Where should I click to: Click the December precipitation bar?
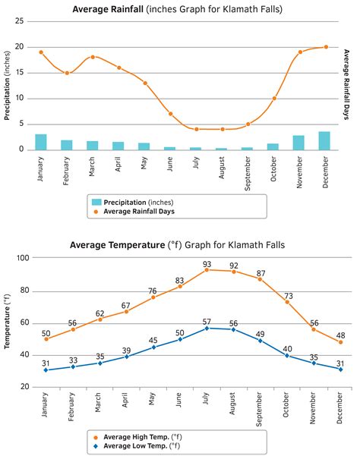coord(324,141)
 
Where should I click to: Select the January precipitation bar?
coord(41,142)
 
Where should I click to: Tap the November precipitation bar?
coord(298,143)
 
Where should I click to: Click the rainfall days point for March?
coord(93,57)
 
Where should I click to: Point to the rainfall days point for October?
coord(273,99)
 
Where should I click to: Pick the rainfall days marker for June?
coord(170,114)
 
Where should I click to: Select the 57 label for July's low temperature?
coord(206,322)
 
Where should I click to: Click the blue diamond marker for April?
coord(127,356)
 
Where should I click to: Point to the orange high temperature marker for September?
coord(261,279)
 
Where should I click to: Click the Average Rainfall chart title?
coord(179,8)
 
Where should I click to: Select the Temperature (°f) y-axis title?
coord(7,322)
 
